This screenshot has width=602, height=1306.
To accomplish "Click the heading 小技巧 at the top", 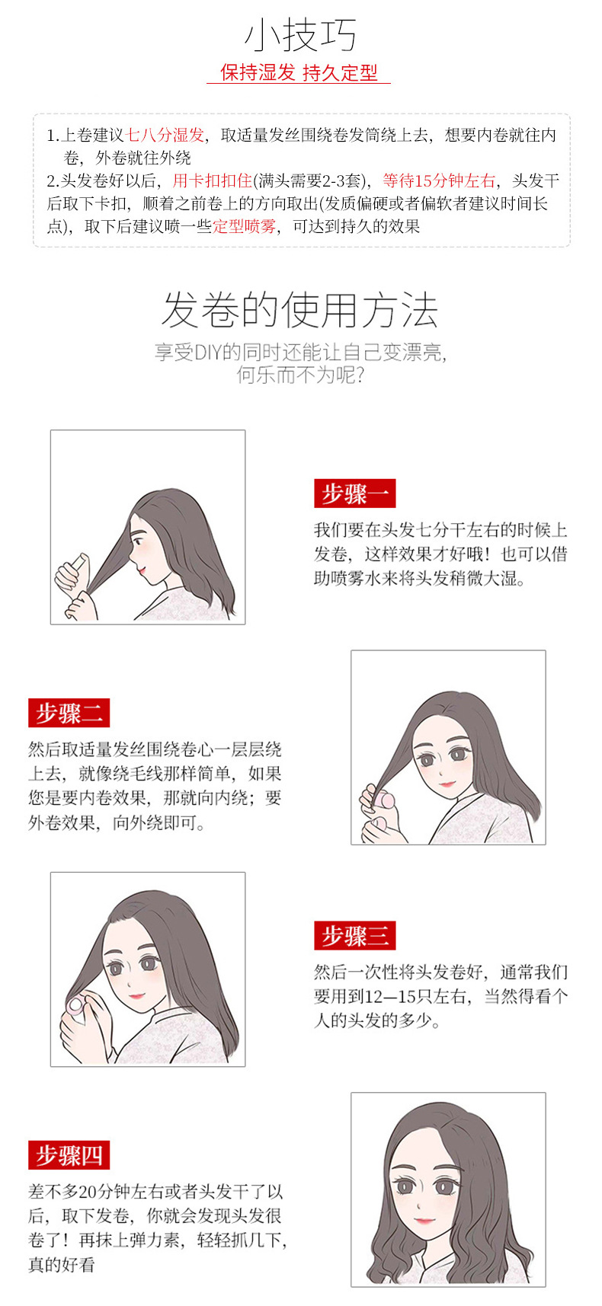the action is pos(300,36).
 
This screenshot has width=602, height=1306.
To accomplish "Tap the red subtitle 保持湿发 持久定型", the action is pos(299,72).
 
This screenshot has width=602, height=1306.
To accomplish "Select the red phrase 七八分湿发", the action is pos(165,136).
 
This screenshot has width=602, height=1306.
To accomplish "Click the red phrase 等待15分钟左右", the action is pos(439,180).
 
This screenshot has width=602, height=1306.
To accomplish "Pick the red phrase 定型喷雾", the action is pos(244,226).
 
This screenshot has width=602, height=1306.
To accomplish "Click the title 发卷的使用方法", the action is pos(300,310).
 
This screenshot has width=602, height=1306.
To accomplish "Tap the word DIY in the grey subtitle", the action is pos(208,352).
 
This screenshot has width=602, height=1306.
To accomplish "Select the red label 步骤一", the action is pos(355,493).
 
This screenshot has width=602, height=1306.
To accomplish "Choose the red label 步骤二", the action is pos(69,713).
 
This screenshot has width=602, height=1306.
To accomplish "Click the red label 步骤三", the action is pos(355,935).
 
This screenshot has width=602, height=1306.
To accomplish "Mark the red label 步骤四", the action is pos(69,1154).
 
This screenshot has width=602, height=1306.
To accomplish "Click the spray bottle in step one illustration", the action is pos(73,569).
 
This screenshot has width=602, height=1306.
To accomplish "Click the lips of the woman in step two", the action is pos(447,784).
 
